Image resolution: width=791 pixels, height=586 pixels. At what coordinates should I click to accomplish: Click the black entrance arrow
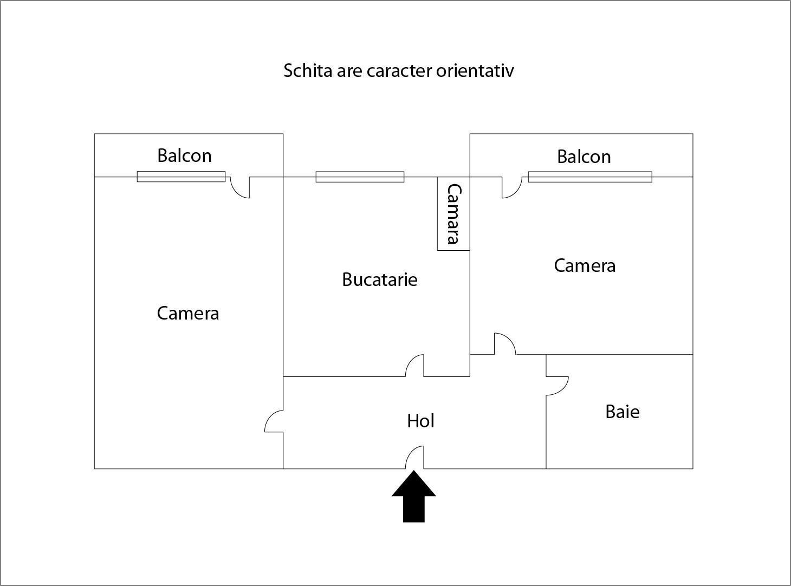pyautogui.click(x=414, y=496)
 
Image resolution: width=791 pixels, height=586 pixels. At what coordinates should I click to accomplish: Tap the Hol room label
pyautogui.click(x=420, y=421)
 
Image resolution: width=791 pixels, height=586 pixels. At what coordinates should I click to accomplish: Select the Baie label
pyautogui.click(x=623, y=412)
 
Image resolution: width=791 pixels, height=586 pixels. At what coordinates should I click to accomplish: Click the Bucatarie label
pyautogui.click(x=379, y=279)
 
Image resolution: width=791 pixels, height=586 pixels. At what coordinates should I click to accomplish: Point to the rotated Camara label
pyautogui.click(x=454, y=214)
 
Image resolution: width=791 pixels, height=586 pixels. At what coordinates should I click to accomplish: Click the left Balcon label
pyautogui.click(x=184, y=155)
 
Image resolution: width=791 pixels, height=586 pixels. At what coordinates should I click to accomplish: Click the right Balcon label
pyautogui.click(x=584, y=157)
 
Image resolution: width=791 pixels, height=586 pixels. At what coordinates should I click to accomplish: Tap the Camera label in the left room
pyautogui.click(x=187, y=313)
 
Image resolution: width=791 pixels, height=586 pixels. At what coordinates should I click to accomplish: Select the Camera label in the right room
pyautogui.click(x=585, y=266)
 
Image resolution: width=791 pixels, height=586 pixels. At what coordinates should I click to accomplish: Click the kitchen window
pyautogui.click(x=360, y=177)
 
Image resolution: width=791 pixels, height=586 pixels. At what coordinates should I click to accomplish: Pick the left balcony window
pyautogui.click(x=181, y=177)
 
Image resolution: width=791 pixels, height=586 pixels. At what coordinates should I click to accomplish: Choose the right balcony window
pyautogui.click(x=590, y=177)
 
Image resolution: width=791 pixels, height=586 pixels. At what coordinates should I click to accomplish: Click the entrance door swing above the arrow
pyautogui.click(x=415, y=457)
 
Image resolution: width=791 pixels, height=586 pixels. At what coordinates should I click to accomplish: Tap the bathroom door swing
pyautogui.click(x=557, y=386)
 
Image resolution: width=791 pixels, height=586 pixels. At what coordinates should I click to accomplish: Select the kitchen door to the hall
pyautogui.click(x=415, y=366)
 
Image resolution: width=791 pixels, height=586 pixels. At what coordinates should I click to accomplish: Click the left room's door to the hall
pyautogui.click(x=274, y=421)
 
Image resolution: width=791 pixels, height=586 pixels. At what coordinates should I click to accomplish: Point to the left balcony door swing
pyautogui.click(x=240, y=187)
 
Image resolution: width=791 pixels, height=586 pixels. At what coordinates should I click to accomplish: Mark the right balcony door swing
pyautogui.click(x=512, y=187)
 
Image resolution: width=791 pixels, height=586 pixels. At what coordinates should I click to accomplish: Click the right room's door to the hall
pyautogui.click(x=505, y=344)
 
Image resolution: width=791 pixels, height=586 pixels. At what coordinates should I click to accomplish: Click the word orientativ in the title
pyautogui.click(x=475, y=70)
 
